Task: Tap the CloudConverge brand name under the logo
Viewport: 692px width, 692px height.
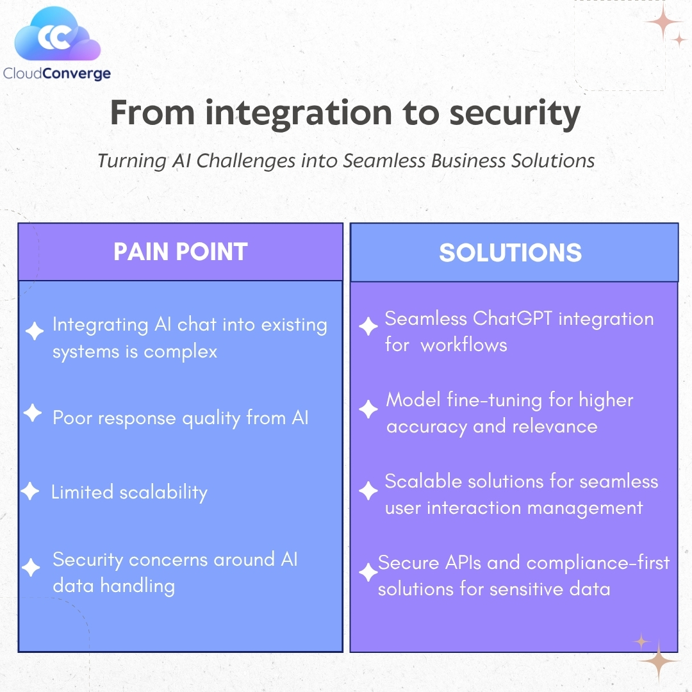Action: point(56,74)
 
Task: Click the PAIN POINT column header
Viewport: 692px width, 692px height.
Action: point(181,252)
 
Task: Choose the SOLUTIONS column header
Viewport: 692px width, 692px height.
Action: point(511,252)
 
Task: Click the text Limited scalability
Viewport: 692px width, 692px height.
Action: point(129,492)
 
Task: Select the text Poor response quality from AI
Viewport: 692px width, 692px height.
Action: point(181,418)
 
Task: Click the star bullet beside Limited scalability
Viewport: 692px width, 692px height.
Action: point(30,491)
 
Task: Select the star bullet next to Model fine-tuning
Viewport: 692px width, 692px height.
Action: point(368,409)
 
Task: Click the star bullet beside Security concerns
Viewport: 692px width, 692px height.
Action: point(30,567)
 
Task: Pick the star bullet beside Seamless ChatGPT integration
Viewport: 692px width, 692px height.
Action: point(368,327)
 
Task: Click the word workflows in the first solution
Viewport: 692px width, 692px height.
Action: point(464,345)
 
